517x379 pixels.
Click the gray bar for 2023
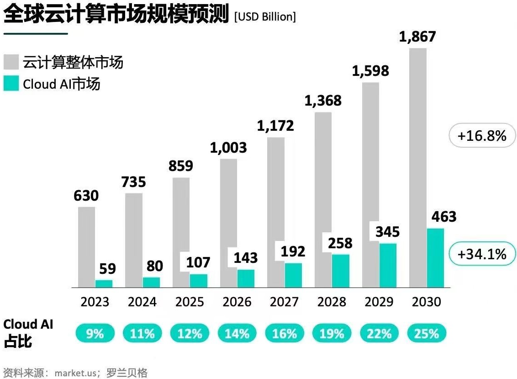86,247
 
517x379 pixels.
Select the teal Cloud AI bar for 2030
435,258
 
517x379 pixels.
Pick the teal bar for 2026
246,278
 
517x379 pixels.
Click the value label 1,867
417,37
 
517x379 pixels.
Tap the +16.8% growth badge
482,136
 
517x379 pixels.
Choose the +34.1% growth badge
482,254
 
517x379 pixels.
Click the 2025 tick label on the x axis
190,302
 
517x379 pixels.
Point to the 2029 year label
379,302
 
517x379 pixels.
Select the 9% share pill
95,334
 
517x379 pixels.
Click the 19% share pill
332,334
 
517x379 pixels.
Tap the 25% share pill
427,334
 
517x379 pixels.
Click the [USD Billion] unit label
264,17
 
